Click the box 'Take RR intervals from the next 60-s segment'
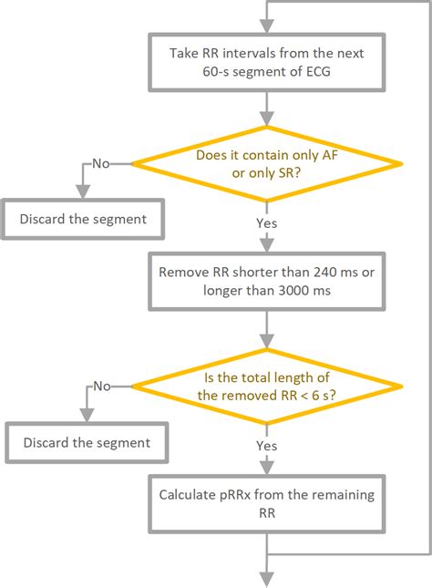[267, 62]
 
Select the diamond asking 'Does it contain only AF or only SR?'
[267, 164]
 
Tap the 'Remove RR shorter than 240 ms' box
[267, 282]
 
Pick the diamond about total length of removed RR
[267, 387]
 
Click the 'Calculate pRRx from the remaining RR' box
[267, 503]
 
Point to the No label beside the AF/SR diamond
[101, 163]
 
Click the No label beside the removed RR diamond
[102, 386]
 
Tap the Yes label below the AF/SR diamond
[267, 223]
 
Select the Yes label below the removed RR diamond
[267, 446]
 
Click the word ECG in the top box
[318, 72]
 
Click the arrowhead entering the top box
[267, 26]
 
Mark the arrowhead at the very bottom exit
[267, 580]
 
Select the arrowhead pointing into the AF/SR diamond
[267, 119]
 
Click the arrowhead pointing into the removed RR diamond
[267, 342]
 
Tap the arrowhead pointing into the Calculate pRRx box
[267, 468]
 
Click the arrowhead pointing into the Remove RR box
[267, 245]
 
